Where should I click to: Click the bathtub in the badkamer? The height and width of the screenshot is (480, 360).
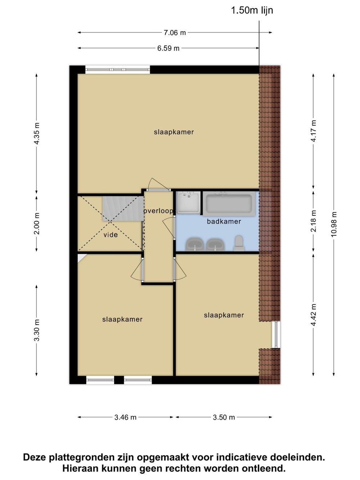(x=229, y=204)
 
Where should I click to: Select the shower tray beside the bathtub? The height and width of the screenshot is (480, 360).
(x=188, y=202)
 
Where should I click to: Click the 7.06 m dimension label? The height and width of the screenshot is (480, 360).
(x=175, y=33)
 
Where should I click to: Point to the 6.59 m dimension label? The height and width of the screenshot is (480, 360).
(x=168, y=48)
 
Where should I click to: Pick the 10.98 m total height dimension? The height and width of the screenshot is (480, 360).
(x=334, y=224)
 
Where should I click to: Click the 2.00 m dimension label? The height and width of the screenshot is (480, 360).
(x=37, y=224)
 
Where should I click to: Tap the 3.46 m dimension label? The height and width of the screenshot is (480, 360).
(x=125, y=417)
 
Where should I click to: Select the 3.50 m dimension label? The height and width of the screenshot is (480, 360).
(x=224, y=417)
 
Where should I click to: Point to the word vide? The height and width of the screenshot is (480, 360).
(x=111, y=235)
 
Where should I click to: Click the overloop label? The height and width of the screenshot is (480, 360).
(x=159, y=211)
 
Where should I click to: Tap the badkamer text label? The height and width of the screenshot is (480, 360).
(x=224, y=221)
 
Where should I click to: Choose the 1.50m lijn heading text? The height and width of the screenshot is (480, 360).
(x=252, y=10)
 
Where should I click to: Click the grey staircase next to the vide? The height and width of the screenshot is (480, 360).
(x=123, y=208)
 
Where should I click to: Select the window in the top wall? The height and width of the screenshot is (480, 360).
(x=118, y=69)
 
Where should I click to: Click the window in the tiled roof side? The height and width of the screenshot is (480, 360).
(x=276, y=335)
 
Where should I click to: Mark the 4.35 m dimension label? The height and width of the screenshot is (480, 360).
(x=37, y=133)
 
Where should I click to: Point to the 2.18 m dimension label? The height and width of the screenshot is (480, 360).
(x=314, y=221)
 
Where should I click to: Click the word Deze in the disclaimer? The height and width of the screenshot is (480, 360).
(x=35, y=457)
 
